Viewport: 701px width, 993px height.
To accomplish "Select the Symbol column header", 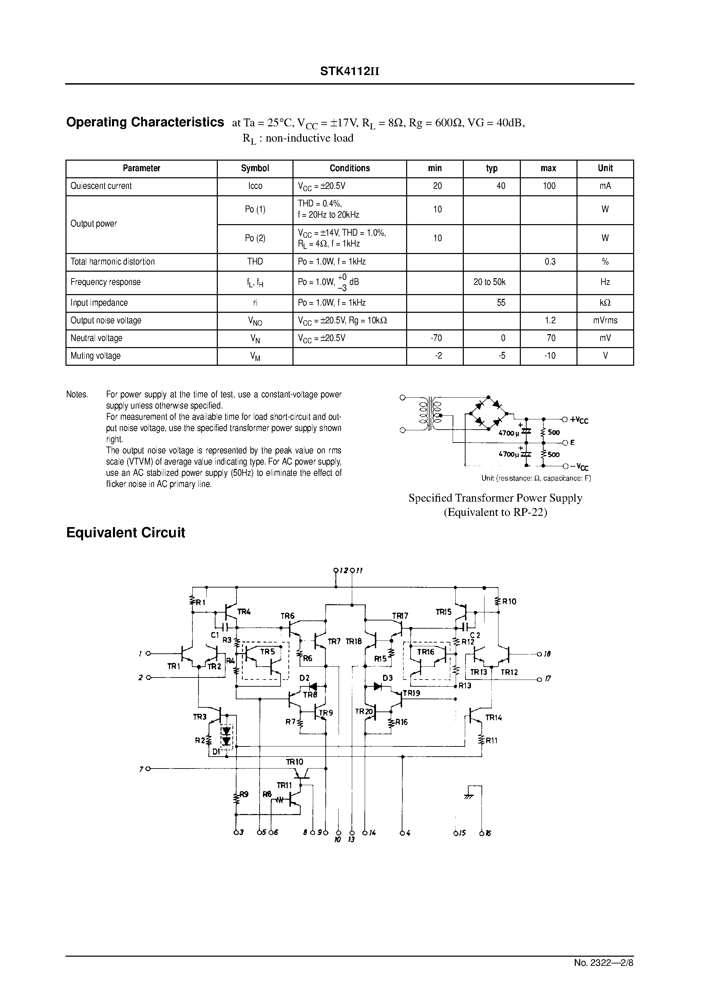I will pos(255,168).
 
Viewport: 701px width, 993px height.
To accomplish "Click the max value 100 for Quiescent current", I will pos(549,186).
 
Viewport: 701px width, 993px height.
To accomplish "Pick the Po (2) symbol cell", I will pos(255,238).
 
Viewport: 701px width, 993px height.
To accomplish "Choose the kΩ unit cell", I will pos(605,303).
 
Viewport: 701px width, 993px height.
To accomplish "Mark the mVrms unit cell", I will pos(605,321).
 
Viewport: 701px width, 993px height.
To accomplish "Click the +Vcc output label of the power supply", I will pos(579,420).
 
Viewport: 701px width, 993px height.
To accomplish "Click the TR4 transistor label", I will pos(244,612).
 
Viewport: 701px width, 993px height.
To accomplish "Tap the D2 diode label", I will pos(305,678).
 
